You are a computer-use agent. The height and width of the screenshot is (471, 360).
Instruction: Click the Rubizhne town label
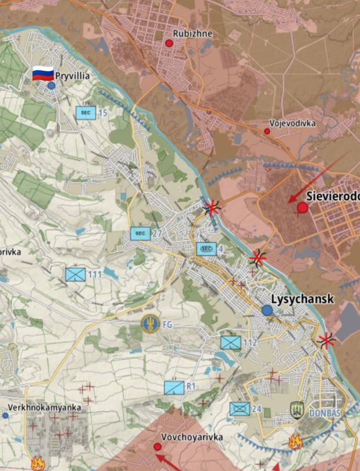pos(193,34)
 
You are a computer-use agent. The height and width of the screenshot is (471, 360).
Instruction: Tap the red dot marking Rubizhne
pos(169,43)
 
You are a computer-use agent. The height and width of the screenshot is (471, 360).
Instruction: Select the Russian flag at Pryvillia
pos(42,74)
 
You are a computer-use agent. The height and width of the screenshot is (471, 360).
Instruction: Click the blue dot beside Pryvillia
pos(51,85)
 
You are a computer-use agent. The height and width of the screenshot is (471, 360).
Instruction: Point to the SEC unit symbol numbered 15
pos(86,112)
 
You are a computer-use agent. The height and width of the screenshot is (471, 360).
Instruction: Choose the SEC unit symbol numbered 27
pos(140,234)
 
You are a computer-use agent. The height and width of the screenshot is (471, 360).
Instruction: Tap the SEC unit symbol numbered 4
pos(206,249)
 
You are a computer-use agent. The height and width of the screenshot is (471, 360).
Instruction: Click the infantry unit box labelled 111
pos(75,274)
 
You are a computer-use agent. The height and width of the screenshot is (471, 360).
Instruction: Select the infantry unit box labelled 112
pos(230,342)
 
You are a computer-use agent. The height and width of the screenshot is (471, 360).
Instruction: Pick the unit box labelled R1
pos(174,387)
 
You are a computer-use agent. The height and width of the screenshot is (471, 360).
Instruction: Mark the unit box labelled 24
pos(239,409)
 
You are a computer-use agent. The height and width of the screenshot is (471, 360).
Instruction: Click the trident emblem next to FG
pos(150,323)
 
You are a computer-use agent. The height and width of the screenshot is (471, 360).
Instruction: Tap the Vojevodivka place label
pos(292,123)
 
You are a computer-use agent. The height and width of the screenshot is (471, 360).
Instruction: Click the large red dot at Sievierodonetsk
pos(303,207)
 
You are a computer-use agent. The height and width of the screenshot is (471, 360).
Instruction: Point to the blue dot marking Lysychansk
pos(267,310)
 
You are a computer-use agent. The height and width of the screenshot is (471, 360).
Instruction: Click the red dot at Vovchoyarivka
pos(158,447)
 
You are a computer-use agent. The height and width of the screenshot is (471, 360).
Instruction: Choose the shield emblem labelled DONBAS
pos(298,410)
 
